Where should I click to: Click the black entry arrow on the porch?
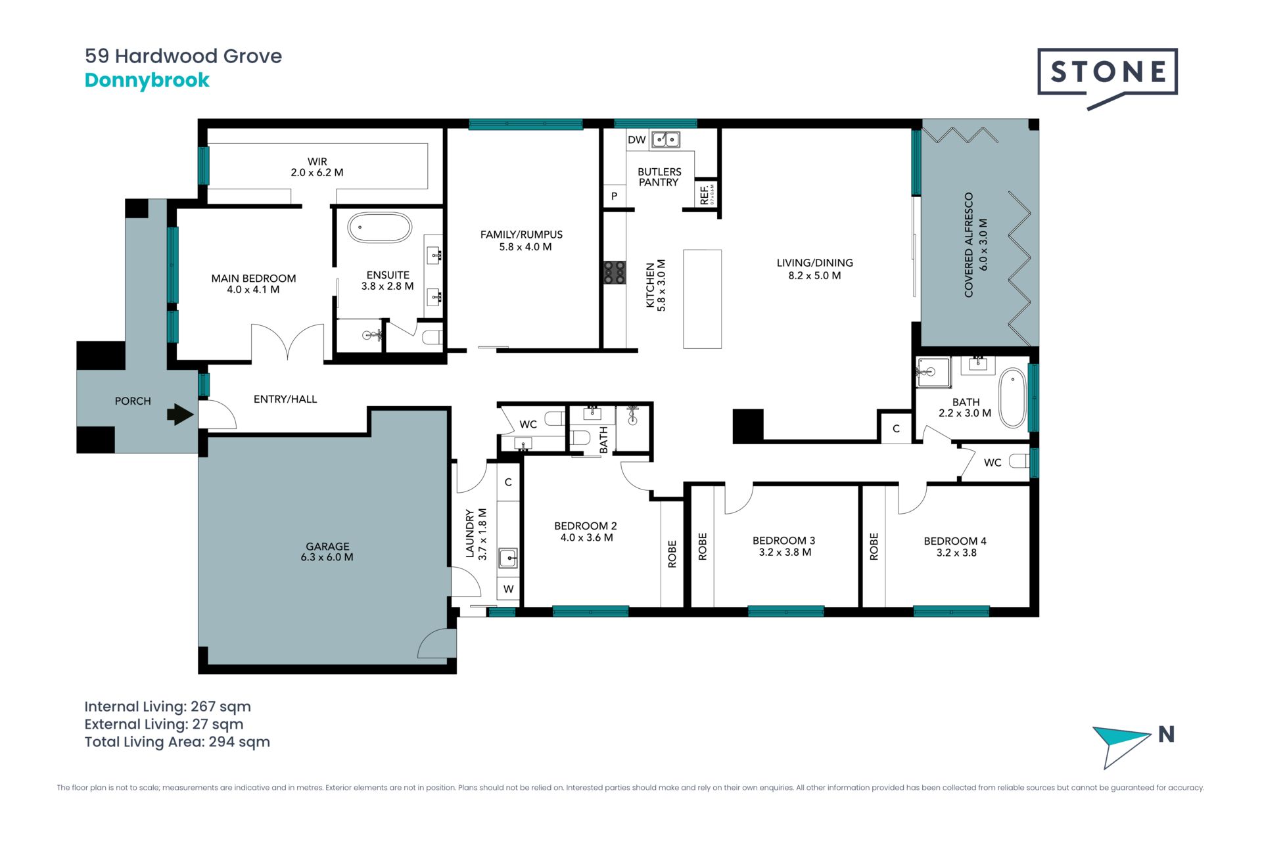(x=180, y=415)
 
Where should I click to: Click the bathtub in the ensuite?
(x=379, y=227)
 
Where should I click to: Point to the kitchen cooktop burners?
(x=615, y=273)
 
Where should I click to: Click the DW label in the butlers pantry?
(x=636, y=140)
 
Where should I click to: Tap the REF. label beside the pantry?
(x=705, y=194)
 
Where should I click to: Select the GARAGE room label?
(x=327, y=546)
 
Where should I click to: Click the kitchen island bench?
(x=703, y=299)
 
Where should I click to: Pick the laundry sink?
(x=508, y=558)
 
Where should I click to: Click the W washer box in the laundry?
(x=509, y=589)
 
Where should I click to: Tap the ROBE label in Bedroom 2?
(x=672, y=554)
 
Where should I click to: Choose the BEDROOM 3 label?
(x=784, y=541)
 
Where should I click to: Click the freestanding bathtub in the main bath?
(x=1012, y=398)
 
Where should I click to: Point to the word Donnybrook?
(x=147, y=80)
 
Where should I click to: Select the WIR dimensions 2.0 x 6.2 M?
(x=317, y=173)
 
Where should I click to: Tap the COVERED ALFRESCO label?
(x=969, y=244)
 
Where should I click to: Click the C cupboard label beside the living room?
(x=896, y=429)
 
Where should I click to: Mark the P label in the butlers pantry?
(x=615, y=196)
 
